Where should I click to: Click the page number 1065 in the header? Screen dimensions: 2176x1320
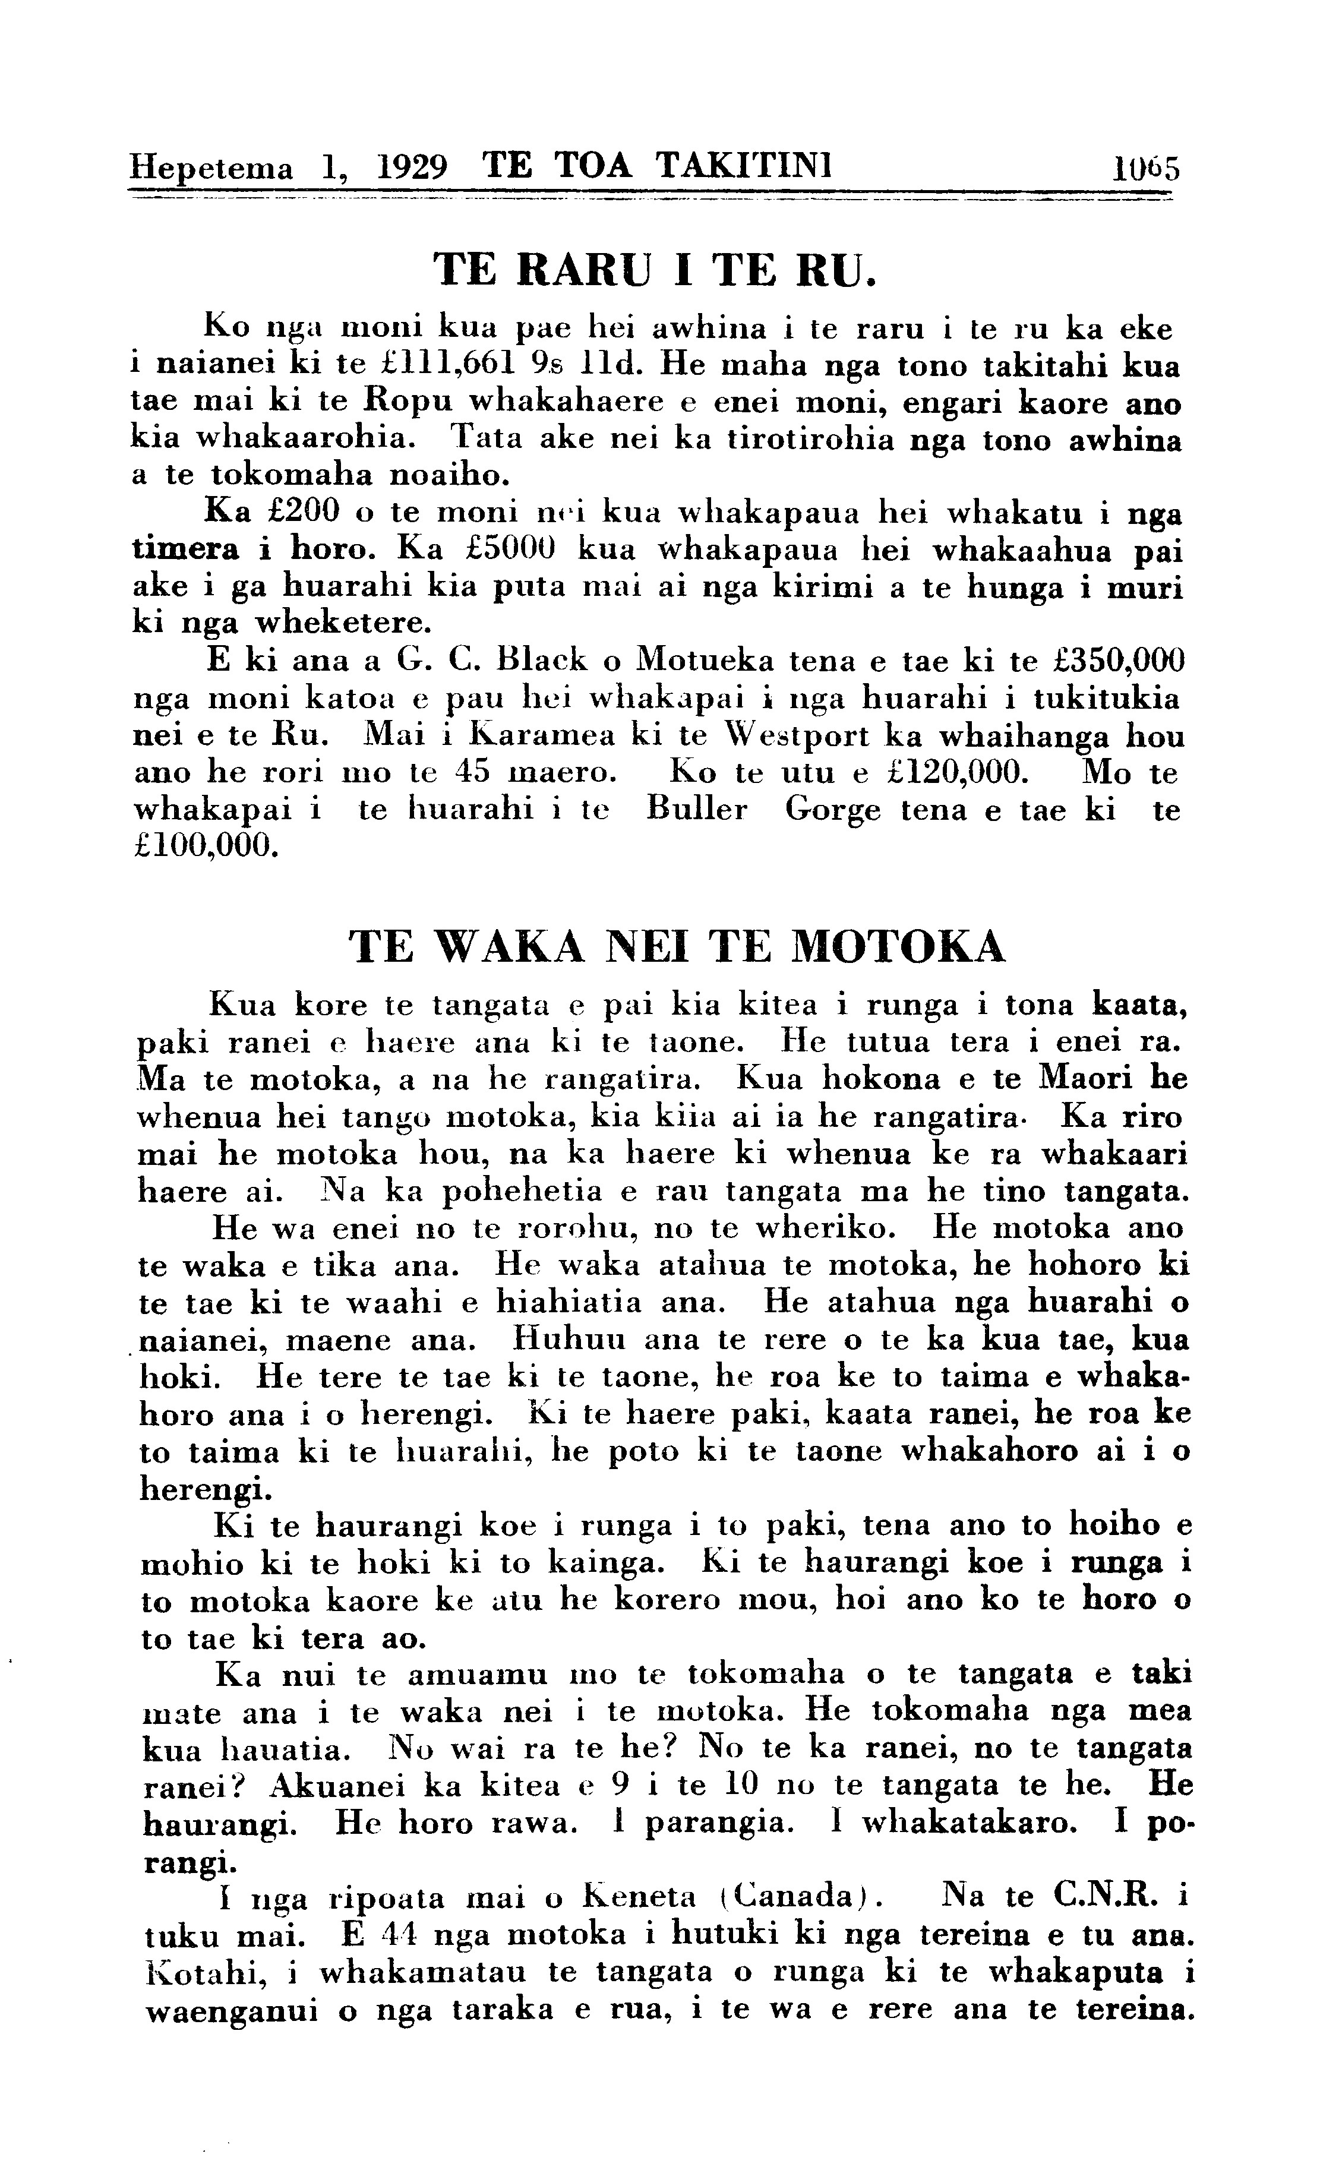1145,168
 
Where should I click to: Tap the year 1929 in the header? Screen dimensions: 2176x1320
410,167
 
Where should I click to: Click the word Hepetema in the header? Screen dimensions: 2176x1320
211,168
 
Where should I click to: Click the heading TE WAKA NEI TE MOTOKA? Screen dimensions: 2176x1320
677,947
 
